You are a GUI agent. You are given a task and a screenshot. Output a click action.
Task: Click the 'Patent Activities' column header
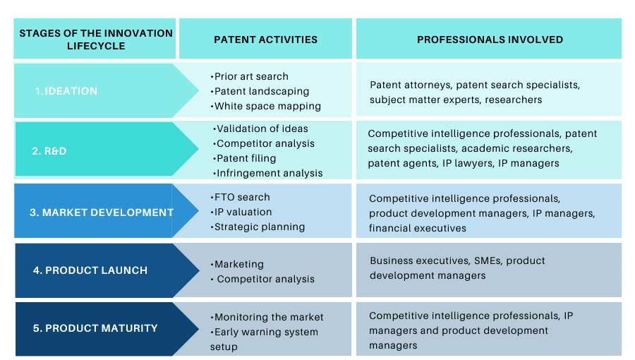(x=265, y=40)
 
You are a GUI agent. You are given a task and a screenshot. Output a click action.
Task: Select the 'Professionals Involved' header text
(x=490, y=40)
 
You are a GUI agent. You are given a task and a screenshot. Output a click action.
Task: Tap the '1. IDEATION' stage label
(x=66, y=91)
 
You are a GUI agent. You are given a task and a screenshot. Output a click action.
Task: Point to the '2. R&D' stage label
(x=49, y=151)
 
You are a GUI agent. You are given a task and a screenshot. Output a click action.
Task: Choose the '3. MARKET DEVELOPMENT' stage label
(x=101, y=212)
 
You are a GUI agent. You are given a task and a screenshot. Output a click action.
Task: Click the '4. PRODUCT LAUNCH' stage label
(x=90, y=270)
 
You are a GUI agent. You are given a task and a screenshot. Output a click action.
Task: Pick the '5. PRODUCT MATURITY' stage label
(x=95, y=328)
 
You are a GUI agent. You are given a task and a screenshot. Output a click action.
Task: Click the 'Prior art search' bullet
(x=250, y=76)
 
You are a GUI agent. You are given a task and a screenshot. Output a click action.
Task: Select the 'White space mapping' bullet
(x=266, y=106)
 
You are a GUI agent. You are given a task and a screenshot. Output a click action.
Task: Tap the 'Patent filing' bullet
(x=245, y=158)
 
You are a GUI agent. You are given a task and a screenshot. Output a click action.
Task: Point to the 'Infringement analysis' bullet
(x=267, y=174)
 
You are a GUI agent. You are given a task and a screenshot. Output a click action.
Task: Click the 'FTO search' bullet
(x=240, y=197)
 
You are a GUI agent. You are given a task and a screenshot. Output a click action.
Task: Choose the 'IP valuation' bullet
(x=241, y=212)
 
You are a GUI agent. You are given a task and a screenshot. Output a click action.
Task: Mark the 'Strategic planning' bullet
(x=258, y=227)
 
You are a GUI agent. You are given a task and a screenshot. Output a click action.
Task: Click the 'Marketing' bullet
(x=237, y=265)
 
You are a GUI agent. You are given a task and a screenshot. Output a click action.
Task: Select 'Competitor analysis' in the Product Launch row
(x=263, y=279)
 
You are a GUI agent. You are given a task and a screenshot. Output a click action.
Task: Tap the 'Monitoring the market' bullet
(x=267, y=317)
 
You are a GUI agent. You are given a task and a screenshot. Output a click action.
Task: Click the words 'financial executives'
(x=418, y=229)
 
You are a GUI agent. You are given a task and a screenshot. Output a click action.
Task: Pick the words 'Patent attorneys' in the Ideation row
(x=410, y=85)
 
